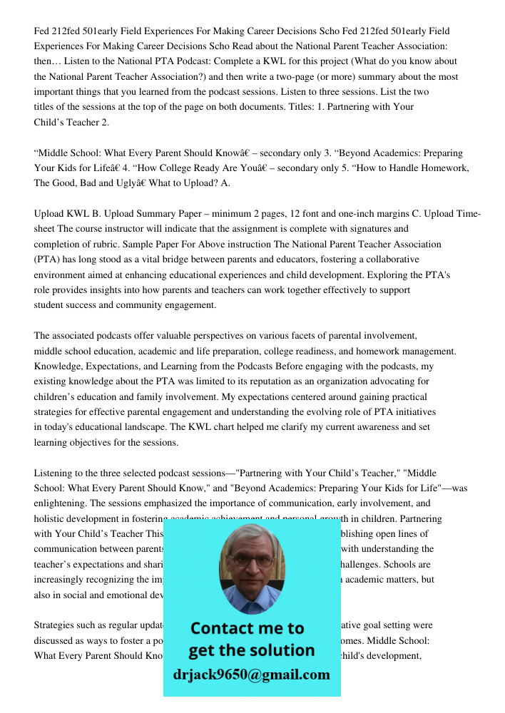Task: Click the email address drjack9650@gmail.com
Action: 251,674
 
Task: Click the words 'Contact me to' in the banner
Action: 247,628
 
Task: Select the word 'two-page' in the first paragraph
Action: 335,76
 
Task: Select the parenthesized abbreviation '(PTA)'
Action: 49,260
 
